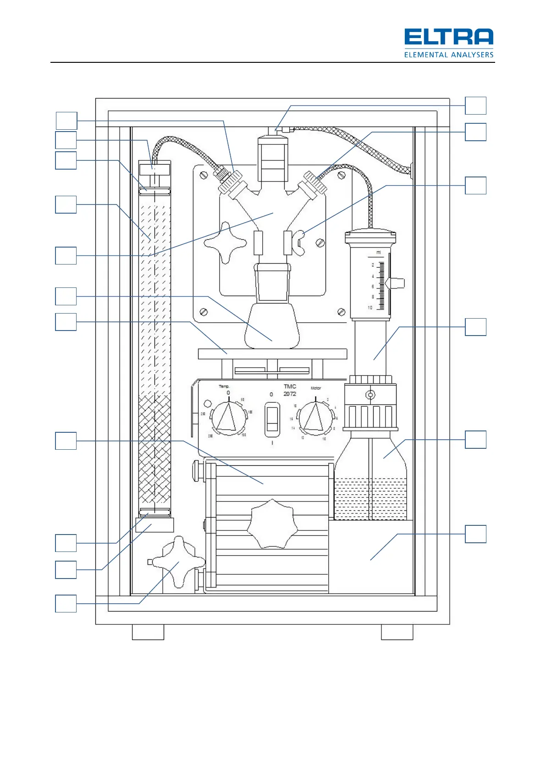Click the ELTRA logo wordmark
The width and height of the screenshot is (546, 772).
point(448,37)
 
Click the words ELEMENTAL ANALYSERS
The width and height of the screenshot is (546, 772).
point(448,55)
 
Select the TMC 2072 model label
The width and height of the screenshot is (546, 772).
point(290,390)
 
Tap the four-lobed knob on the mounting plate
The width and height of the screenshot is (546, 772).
point(225,242)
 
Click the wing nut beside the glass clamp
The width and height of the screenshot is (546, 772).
point(300,243)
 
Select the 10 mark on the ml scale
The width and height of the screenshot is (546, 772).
point(370,308)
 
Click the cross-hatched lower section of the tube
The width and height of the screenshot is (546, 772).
point(155,449)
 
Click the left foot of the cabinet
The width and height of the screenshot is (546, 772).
point(148,632)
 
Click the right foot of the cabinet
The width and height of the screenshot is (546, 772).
point(397,632)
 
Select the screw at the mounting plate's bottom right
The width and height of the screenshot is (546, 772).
point(341,312)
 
